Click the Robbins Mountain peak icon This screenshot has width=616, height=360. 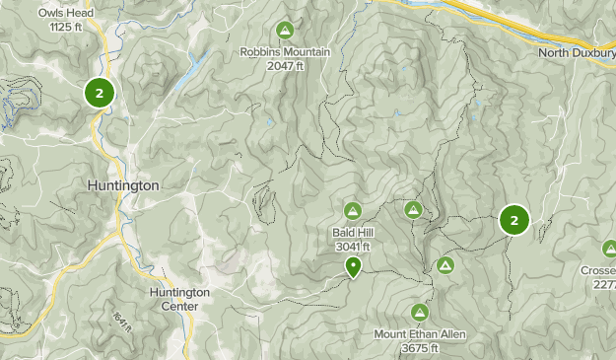point(286,30)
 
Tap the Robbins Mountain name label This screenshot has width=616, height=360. point(286,52)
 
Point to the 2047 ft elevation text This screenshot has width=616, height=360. point(286,65)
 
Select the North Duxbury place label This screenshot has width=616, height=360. point(577,52)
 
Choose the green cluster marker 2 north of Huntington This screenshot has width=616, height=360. point(100,93)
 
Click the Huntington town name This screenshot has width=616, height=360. point(123,185)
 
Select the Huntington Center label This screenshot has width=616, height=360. point(179,299)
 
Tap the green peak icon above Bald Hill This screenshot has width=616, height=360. point(353,210)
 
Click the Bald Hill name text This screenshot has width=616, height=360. point(352,233)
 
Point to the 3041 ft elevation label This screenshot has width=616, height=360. point(352,247)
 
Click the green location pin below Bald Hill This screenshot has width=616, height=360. point(353,265)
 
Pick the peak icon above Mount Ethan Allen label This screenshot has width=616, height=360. point(419,313)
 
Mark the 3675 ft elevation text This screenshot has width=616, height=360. point(419,348)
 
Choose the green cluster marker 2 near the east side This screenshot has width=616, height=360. point(513,220)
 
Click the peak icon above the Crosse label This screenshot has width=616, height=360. point(608,249)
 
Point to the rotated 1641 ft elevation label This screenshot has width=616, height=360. point(121,321)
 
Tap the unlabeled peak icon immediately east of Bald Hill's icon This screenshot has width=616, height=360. point(413,209)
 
